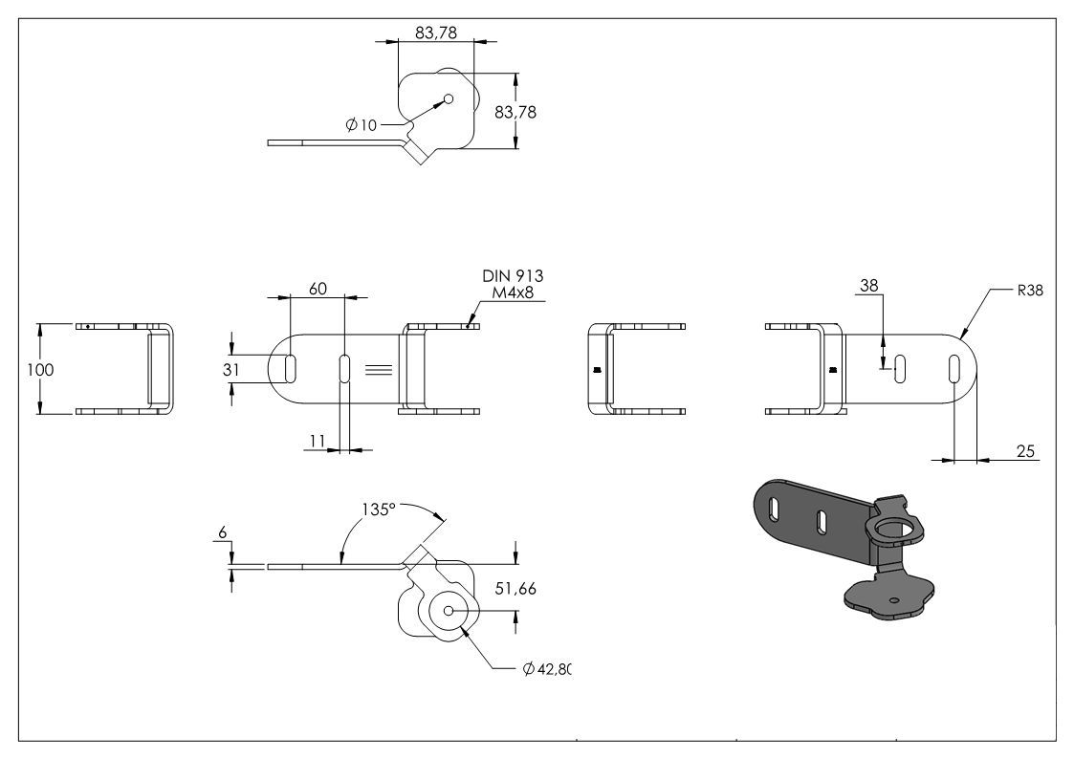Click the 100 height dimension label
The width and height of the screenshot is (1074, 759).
point(40,370)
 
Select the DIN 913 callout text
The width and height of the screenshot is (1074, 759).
point(513,276)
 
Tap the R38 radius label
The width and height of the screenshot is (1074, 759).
point(1030,291)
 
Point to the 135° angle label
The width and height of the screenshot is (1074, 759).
point(379,510)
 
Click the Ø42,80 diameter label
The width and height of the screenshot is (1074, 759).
point(547,669)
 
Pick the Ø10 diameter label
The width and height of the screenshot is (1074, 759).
point(362,125)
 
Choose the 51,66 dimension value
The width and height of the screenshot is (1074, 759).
point(515,589)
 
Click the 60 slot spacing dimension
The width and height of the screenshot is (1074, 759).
point(318,289)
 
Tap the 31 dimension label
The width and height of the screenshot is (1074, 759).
point(231,370)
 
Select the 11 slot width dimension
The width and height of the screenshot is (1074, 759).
point(318,441)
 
